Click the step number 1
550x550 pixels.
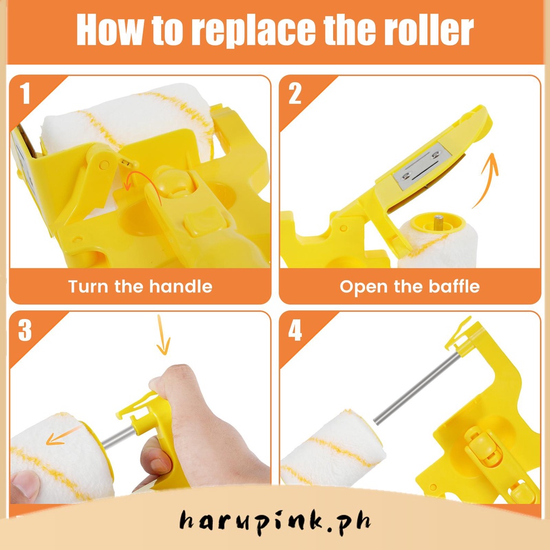click(x=25, y=93)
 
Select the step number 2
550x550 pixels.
click(x=295, y=93)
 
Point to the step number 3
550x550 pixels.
click(x=25, y=330)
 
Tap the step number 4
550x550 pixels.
click(x=295, y=330)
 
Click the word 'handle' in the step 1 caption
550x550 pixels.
click(x=180, y=286)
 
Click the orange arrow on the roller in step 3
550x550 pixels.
click(x=63, y=435)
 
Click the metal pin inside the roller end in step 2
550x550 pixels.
click(x=438, y=221)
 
